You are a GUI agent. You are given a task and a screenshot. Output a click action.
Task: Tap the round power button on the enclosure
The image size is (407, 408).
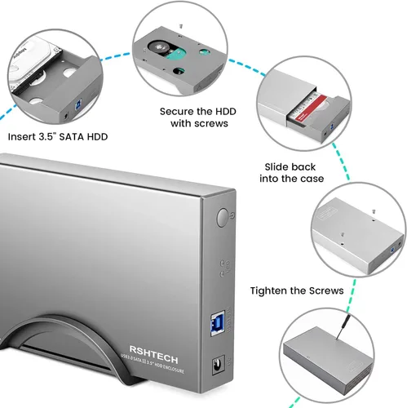coord(224,218)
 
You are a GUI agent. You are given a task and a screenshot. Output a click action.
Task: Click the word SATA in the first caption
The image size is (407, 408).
coord(87,137)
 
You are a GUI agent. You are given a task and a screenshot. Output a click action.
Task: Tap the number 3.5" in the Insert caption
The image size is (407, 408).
coord(57,137)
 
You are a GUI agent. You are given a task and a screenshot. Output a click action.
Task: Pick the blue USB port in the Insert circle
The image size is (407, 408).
coord(77,105)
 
